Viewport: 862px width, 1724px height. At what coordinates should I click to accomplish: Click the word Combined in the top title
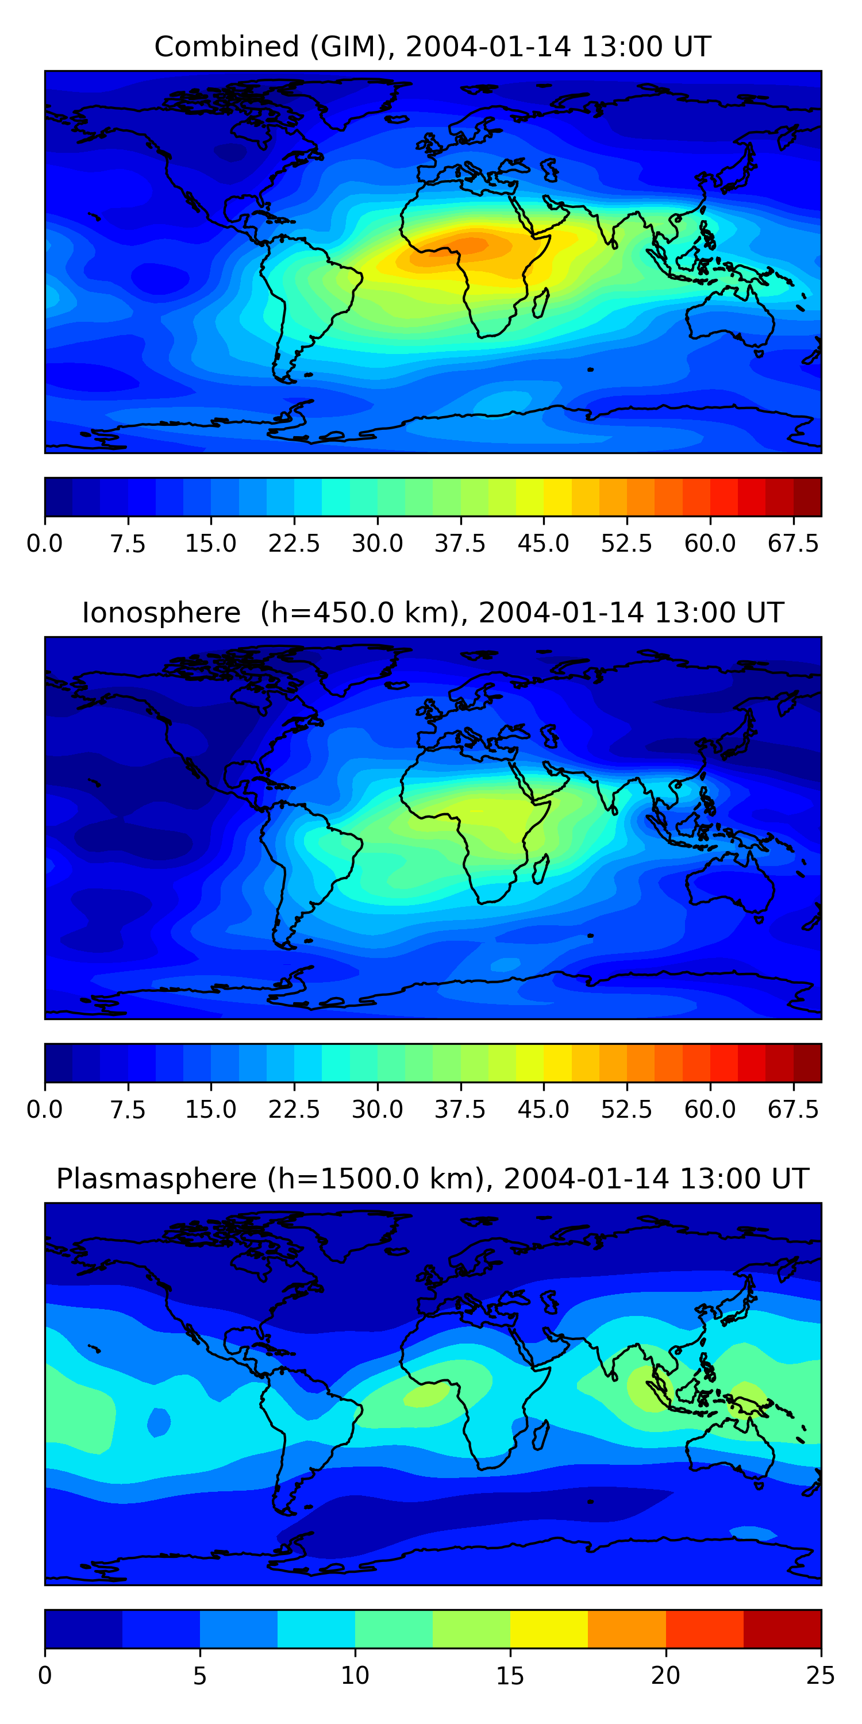tap(226, 47)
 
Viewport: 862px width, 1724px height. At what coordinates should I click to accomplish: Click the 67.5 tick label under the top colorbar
tap(793, 544)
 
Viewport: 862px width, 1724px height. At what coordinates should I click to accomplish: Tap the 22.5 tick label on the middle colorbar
tap(294, 1109)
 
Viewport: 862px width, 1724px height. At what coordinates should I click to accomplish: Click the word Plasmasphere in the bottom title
tap(156, 1179)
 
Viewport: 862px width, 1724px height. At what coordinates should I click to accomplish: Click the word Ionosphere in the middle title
tap(161, 613)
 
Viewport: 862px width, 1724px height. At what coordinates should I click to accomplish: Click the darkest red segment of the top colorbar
tap(807, 497)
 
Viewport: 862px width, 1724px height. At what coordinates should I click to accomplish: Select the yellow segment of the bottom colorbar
tap(549, 1628)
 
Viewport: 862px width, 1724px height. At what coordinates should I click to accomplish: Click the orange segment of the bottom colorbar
tap(627, 1628)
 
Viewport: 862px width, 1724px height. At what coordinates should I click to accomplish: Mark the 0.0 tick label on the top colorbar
tap(44, 544)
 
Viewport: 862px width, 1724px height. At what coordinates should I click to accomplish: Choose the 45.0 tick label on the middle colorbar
tap(544, 1109)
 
